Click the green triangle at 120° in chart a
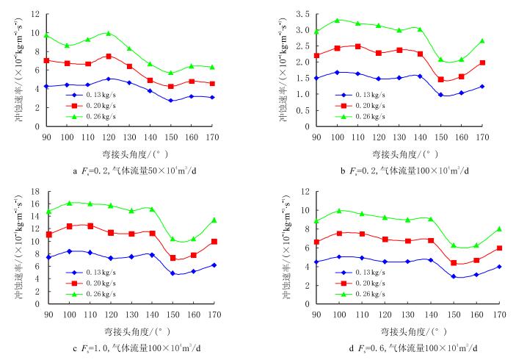click(108, 33)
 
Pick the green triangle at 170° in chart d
click(498, 229)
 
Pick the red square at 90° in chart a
click(46, 60)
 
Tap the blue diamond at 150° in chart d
click(454, 277)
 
